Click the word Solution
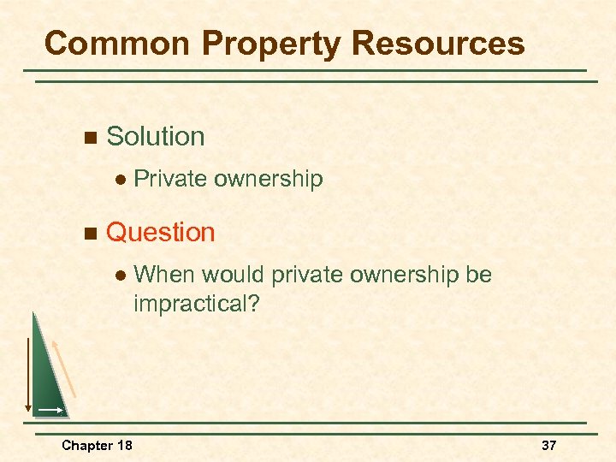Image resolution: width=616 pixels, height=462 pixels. coord(156,137)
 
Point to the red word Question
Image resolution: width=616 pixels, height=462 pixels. coord(161,233)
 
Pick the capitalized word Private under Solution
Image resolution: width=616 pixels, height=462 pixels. coord(170,179)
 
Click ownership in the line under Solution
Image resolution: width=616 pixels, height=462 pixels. coord(268,179)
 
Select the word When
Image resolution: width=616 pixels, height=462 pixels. coord(164,275)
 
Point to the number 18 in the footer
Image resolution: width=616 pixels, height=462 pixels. coord(125,446)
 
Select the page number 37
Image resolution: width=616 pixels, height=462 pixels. coord(548,446)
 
